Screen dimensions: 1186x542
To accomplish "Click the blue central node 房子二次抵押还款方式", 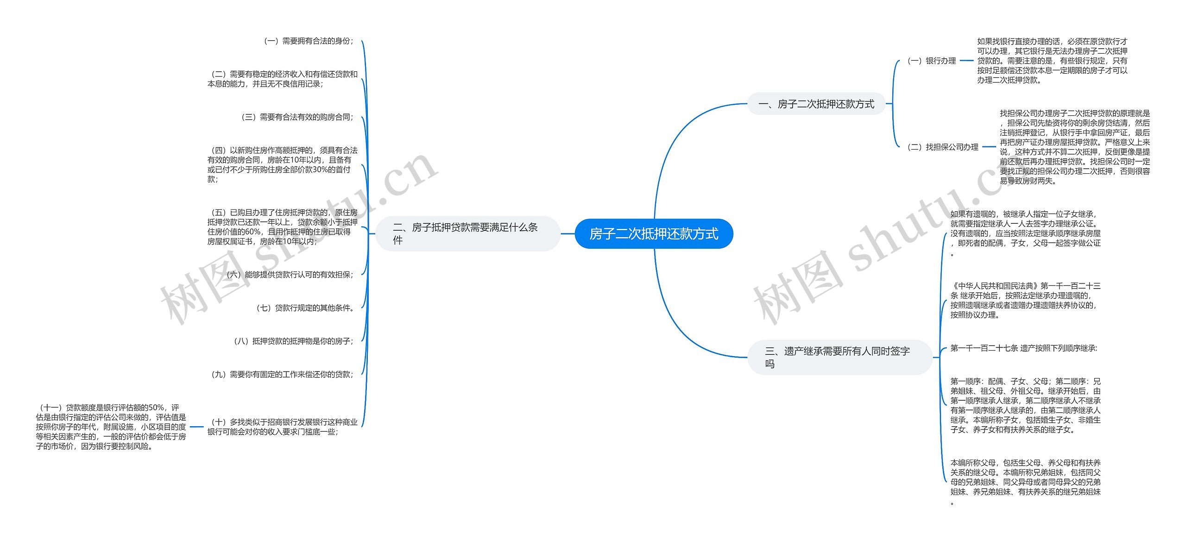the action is (653, 234).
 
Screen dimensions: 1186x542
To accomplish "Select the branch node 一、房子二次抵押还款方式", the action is (816, 104).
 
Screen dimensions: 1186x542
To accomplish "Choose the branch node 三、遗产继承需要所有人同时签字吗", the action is (839, 357).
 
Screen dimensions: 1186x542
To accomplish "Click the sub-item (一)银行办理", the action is (931, 61).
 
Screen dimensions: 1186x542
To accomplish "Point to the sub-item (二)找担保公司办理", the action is (942, 147).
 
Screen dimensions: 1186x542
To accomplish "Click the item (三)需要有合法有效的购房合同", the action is (297, 117).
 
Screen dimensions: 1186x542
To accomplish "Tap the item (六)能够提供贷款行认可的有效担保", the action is (290, 275).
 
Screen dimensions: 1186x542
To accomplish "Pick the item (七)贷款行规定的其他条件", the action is (305, 308).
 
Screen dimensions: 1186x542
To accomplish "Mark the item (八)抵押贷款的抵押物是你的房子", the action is (293, 341).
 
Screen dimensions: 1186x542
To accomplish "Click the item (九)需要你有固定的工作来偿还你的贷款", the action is (282, 374).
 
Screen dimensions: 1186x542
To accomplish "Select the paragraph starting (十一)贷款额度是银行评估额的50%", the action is (111, 427).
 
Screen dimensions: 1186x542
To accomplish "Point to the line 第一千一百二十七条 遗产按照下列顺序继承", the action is (1023, 348).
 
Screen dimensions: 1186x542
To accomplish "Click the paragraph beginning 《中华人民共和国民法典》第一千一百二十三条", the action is (1025, 300).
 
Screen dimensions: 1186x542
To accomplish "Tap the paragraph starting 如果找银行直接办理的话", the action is (1052, 61).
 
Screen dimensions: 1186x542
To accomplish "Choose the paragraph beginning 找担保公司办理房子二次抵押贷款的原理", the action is (1074, 147).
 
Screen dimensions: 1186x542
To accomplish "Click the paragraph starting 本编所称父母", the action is (1025, 482).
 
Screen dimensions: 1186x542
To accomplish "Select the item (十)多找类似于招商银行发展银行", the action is (282, 427).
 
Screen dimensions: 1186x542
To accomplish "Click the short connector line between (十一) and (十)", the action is (196, 427).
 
